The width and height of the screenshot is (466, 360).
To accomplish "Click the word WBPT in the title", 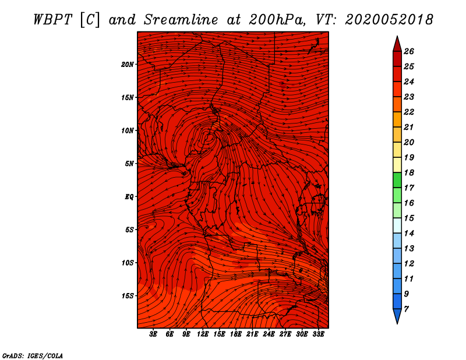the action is pyautogui.click(x=52, y=20).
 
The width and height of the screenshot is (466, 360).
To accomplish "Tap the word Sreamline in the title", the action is pyautogui.click(x=181, y=20).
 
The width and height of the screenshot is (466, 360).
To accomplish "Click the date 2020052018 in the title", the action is pyautogui.click(x=389, y=20).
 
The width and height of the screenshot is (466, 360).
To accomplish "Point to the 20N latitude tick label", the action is pyautogui.click(x=128, y=65).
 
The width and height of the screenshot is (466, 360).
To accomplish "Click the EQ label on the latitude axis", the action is pyautogui.click(x=129, y=197).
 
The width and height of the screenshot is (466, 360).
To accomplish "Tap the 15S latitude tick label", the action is pyautogui.click(x=128, y=296).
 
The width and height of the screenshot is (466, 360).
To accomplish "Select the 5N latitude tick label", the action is pyautogui.click(x=129, y=164).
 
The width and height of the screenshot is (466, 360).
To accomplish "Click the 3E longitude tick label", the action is pyautogui.click(x=153, y=334).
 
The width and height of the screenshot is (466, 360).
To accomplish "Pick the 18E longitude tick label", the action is pyautogui.click(x=236, y=334).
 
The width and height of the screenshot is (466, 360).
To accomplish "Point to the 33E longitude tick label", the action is pyautogui.click(x=318, y=334).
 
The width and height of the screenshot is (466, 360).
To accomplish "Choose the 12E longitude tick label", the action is pyautogui.click(x=203, y=334).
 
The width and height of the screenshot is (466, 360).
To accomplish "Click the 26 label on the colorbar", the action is pyautogui.click(x=409, y=51).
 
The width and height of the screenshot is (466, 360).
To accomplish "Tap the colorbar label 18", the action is pyautogui.click(x=409, y=172).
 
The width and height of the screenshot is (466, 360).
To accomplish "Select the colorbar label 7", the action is pyautogui.click(x=406, y=309).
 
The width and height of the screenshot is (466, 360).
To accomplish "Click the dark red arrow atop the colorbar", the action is pyautogui.click(x=397, y=44).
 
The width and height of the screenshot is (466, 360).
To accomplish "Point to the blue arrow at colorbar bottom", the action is pyautogui.click(x=397, y=316).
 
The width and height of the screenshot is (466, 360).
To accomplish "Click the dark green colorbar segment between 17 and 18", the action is pyautogui.click(x=397, y=180).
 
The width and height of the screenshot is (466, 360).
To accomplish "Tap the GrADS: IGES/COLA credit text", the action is pyautogui.click(x=33, y=356).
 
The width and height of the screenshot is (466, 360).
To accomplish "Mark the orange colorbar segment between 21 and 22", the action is pyautogui.click(x=397, y=119).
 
